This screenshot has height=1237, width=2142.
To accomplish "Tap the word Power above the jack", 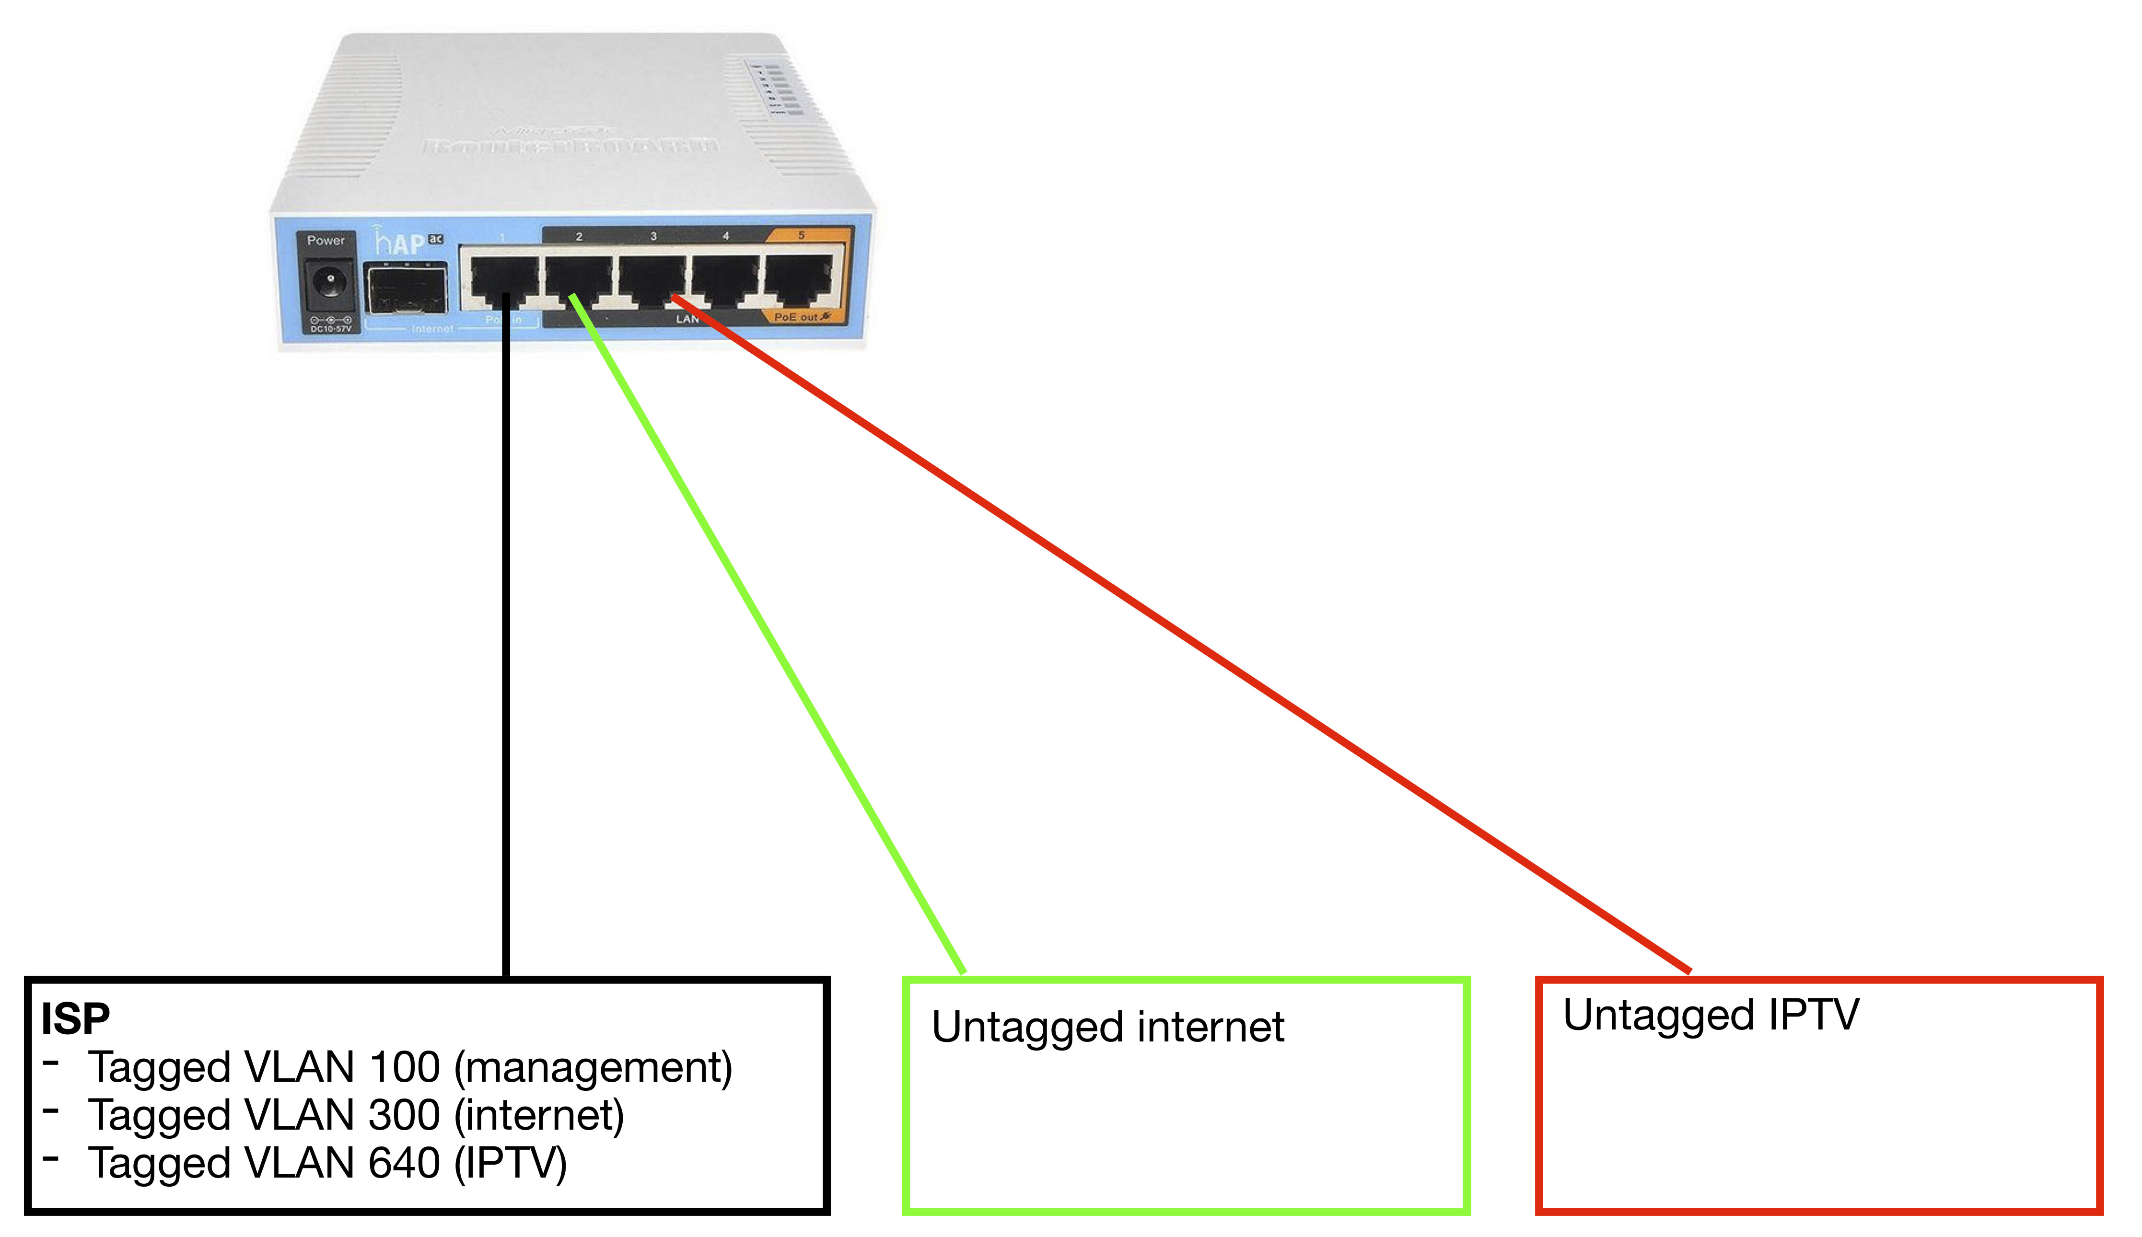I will [326, 241].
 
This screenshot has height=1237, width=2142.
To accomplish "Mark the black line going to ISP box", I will [506, 646].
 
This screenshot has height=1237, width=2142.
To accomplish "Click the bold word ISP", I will [76, 1018].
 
